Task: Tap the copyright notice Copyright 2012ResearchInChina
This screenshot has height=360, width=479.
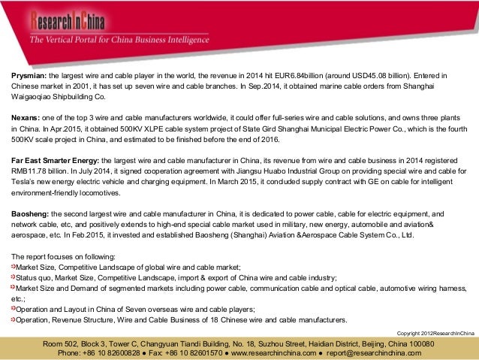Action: coord(435,332)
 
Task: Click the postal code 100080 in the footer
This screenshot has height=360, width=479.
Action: coord(432,343)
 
